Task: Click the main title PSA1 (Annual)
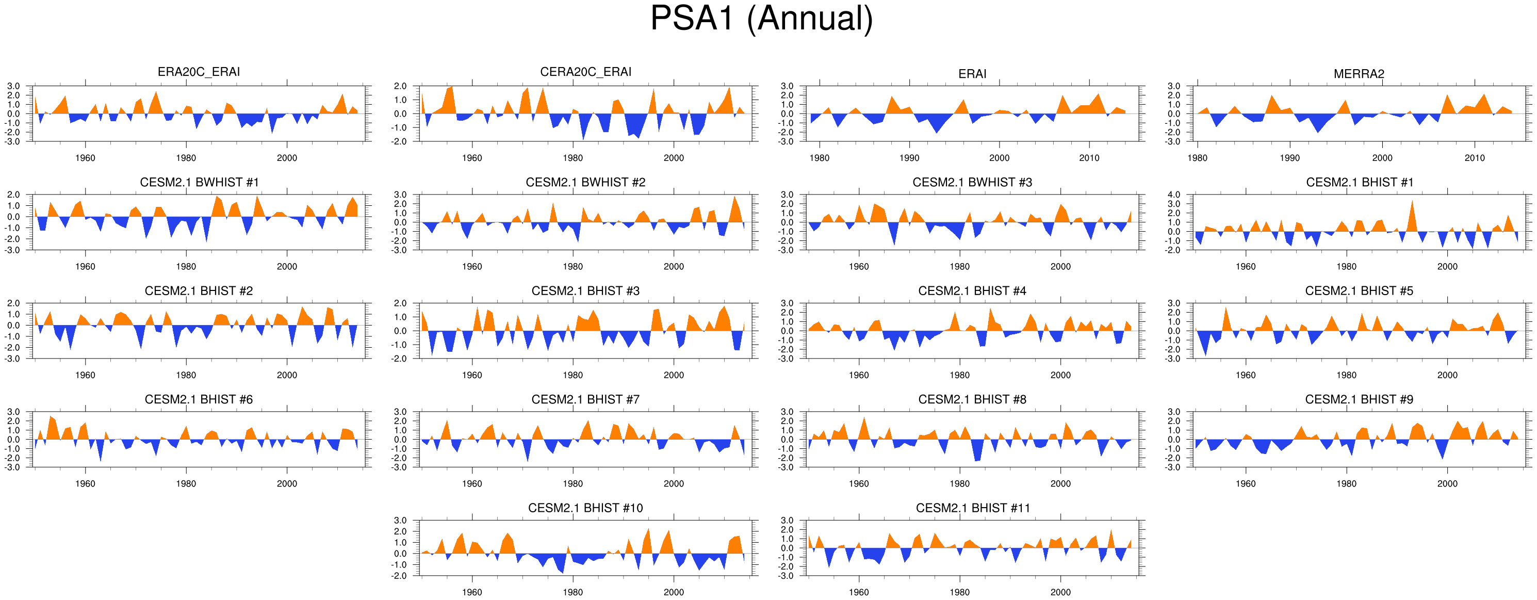pyautogui.click(x=761, y=19)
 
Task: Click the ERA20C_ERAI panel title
pyautogui.click(x=199, y=72)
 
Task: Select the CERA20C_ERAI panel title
pyautogui.click(x=585, y=72)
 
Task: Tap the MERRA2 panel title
pyautogui.click(x=1359, y=74)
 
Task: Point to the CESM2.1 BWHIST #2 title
pyautogui.click(x=585, y=182)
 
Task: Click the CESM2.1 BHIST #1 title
pyautogui.click(x=1359, y=182)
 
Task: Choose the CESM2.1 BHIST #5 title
pyautogui.click(x=1359, y=291)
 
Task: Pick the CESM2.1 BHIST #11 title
pyautogui.click(x=973, y=508)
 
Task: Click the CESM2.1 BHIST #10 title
pyautogui.click(x=585, y=508)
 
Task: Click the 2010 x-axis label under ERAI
pyautogui.click(x=1089, y=158)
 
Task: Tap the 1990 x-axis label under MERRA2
pyautogui.click(x=1289, y=158)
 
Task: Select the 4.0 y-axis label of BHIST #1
pyautogui.click(x=1173, y=194)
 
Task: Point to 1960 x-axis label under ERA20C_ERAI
pyautogui.click(x=85, y=158)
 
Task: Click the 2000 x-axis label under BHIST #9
pyautogui.click(x=1447, y=483)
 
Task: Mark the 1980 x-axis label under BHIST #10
pyautogui.click(x=573, y=592)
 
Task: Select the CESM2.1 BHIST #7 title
pyautogui.click(x=585, y=399)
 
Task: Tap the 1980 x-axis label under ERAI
pyautogui.click(x=819, y=158)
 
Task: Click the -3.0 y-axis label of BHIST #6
pyautogui.click(x=13, y=467)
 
